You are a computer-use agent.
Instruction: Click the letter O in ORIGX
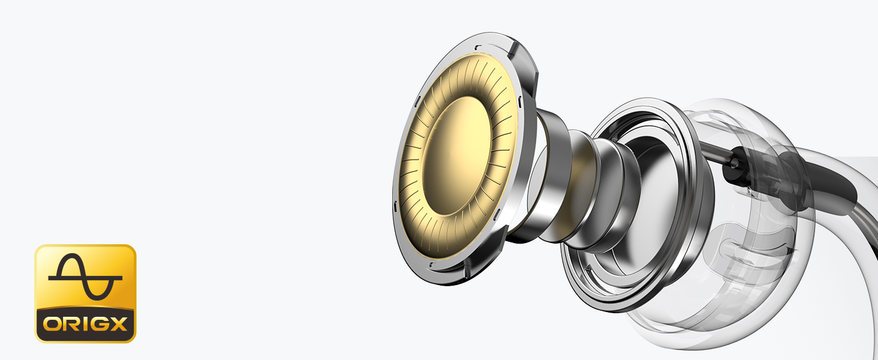tap(52, 325)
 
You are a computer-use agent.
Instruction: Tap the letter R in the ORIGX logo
tap(72, 325)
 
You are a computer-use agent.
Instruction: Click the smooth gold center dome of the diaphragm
tap(457, 156)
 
